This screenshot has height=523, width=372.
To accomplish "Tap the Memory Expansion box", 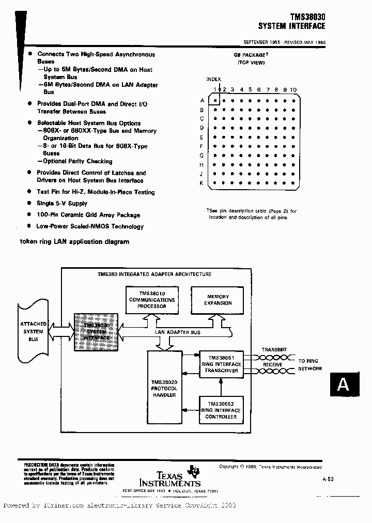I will (218, 300).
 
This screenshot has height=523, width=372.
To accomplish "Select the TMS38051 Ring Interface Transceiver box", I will (221, 364).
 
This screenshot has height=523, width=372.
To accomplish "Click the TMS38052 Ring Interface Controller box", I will (221, 410).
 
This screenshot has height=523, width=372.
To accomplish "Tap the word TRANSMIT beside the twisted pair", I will (274, 350).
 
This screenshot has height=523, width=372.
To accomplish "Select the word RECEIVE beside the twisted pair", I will (273, 364).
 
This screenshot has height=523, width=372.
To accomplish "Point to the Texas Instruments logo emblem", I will (195, 470).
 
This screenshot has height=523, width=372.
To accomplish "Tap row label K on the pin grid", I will (202, 183).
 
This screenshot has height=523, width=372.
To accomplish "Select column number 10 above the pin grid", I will (293, 89).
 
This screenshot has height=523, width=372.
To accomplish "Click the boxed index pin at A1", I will (215, 101).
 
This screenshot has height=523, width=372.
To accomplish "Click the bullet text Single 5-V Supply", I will (62, 204).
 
